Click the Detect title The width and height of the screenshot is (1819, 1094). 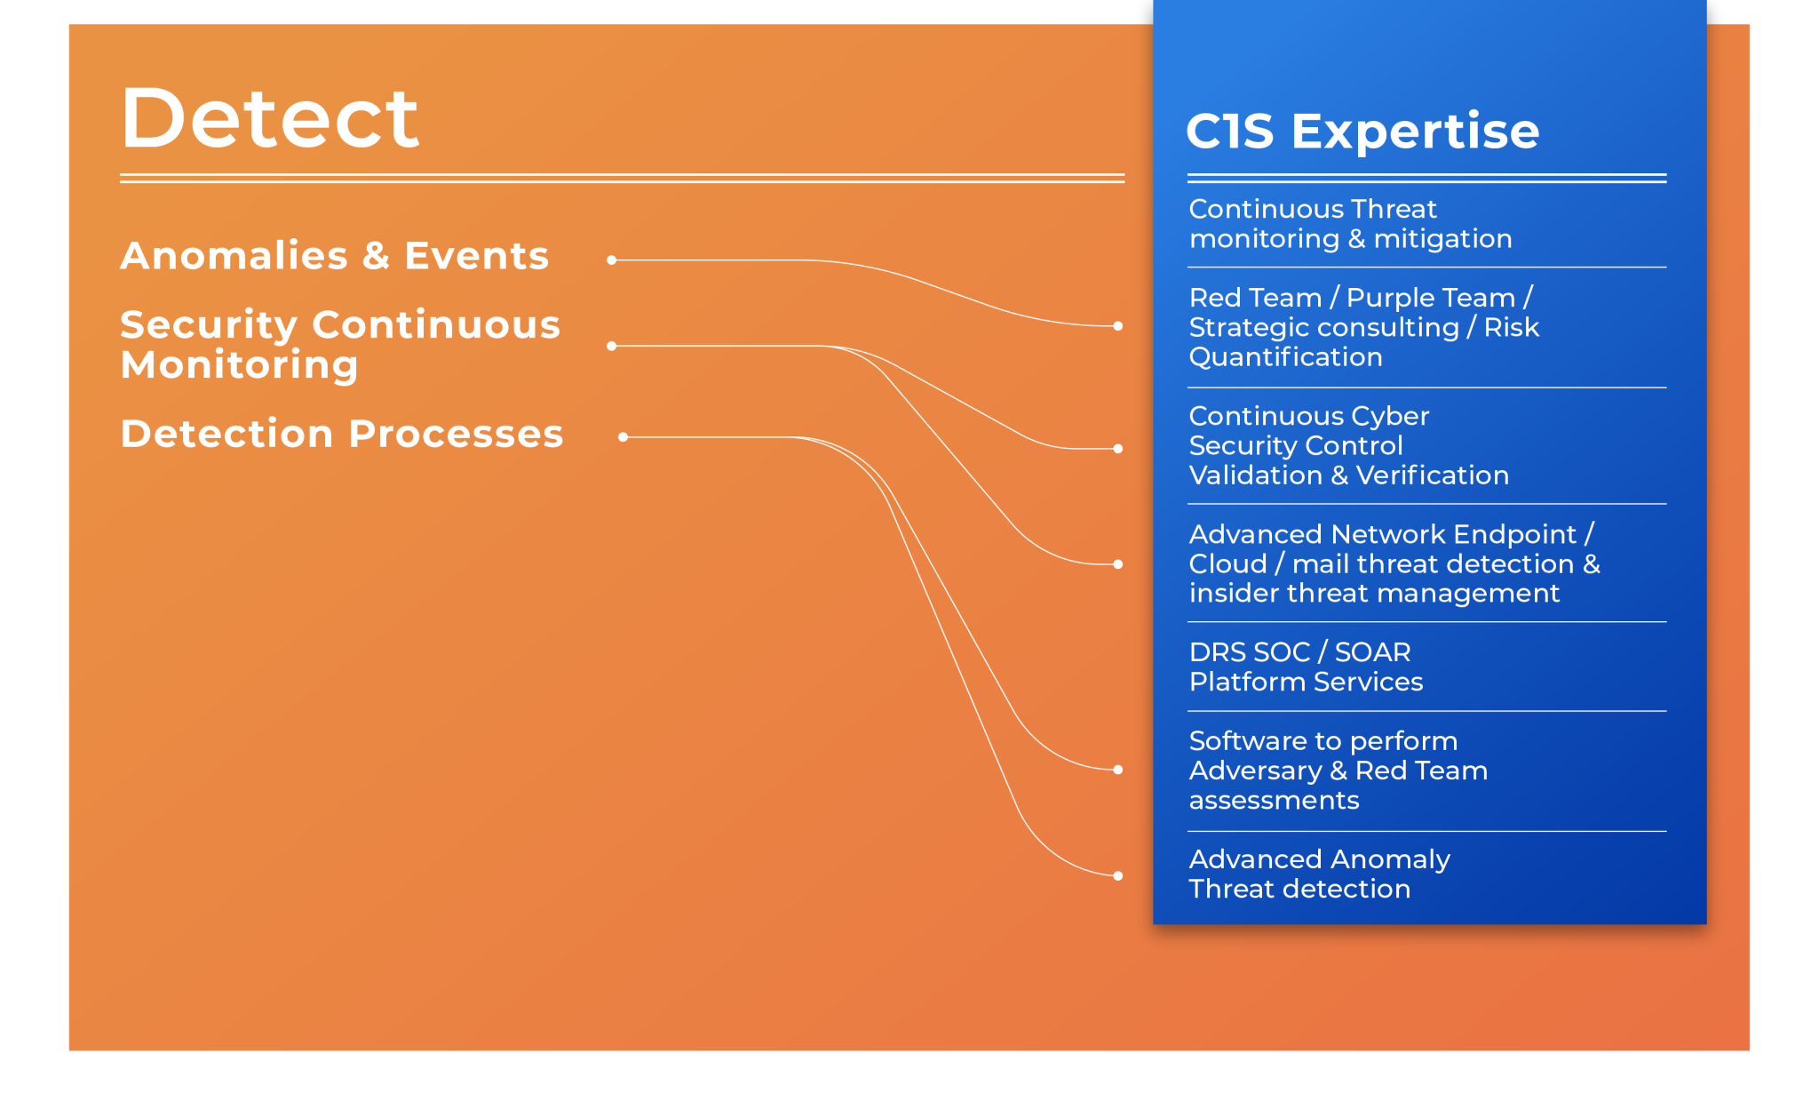click(x=269, y=118)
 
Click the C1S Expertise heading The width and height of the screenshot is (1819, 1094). click(x=1362, y=132)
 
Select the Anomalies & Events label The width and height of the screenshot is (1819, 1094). click(x=334, y=256)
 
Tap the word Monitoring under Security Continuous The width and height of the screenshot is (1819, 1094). click(x=239, y=365)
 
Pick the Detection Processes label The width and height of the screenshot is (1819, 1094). click(x=341, y=435)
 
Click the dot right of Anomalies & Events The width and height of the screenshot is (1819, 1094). click(x=611, y=260)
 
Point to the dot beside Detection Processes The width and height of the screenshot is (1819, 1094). click(x=623, y=437)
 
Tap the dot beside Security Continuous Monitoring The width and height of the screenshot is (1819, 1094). click(x=611, y=346)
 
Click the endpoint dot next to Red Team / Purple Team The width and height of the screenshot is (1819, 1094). click(x=1117, y=326)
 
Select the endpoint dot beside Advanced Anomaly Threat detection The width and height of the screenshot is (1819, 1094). click(x=1117, y=876)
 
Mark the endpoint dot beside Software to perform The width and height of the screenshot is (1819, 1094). click(x=1117, y=770)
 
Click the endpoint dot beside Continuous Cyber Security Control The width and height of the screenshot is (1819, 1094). click(x=1117, y=449)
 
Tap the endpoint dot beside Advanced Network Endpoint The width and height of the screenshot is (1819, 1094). click(x=1117, y=564)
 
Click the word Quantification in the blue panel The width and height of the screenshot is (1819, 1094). click(x=1285, y=357)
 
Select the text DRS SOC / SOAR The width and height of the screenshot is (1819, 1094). click(x=1299, y=652)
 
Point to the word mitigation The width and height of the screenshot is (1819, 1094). click(x=1442, y=239)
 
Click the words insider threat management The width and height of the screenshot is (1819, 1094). click(x=1373, y=594)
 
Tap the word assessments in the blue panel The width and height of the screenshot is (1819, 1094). click(x=1274, y=801)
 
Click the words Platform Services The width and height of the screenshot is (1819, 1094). click(x=1305, y=683)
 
